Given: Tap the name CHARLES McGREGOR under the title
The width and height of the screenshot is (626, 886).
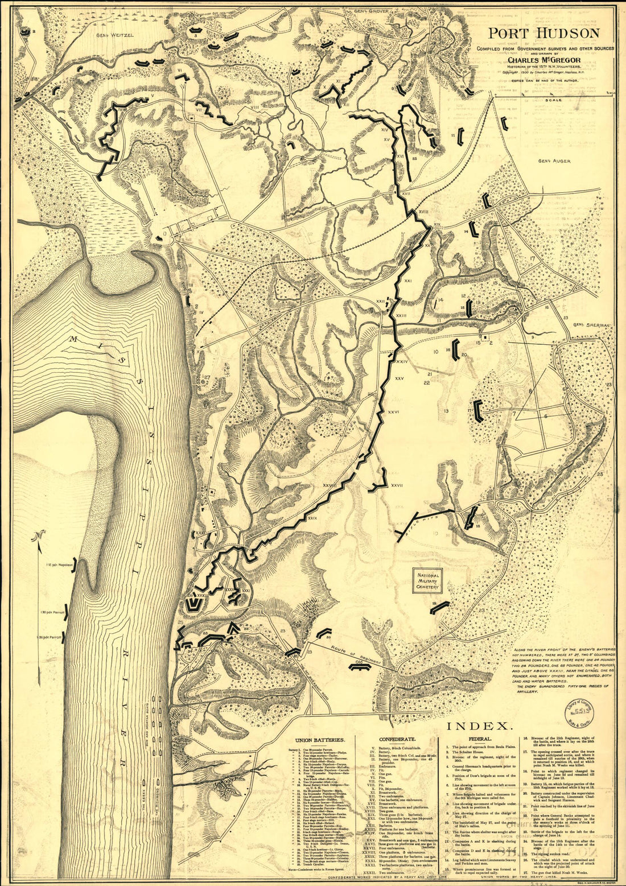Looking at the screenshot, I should (x=544, y=59).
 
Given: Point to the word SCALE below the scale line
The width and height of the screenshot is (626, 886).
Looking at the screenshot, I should (x=553, y=100).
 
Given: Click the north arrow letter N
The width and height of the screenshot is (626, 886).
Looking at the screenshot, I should (x=38, y=535).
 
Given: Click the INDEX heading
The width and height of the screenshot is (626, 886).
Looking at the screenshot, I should (x=480, y=726).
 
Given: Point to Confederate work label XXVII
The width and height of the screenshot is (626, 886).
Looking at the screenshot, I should (x=397, y=485).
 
